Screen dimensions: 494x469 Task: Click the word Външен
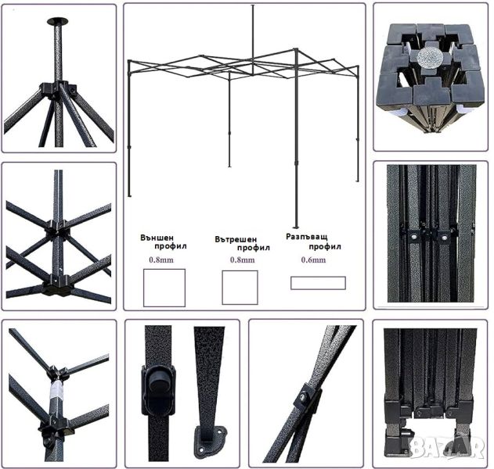[x=157, y=238]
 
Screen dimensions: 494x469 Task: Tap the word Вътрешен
[x=236, y=239]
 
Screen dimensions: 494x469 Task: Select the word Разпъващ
[x=307, y=237]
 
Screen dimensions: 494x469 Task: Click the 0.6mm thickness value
[x=313, y=260]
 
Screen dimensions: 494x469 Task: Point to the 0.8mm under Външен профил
[x=161, y=260]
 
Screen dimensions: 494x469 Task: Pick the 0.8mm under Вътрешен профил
[x=242, y=260]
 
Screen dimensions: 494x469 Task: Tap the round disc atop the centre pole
[x=58, y=21]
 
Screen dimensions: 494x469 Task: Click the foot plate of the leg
[x=211, y=441]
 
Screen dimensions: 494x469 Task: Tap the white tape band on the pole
[x=56, y=388]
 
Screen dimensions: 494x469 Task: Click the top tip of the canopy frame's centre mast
[x=252, y=5]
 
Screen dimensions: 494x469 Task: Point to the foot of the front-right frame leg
[x=295, y=227]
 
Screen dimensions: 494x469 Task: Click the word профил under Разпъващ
[x=325, y=247]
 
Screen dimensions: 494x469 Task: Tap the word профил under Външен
[x=171, y=246]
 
